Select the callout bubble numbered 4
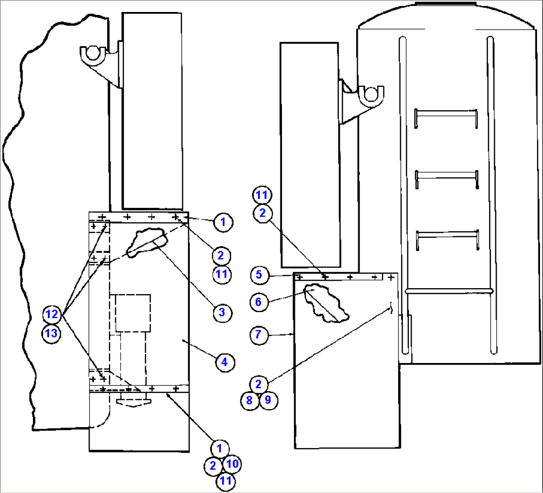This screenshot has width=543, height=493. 224,362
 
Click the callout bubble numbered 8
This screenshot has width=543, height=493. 250,400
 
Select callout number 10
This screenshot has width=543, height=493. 232,464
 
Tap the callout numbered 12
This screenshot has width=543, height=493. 52,314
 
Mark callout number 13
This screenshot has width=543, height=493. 52,332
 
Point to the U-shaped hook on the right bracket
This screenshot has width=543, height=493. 371,93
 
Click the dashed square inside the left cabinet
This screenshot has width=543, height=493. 133,313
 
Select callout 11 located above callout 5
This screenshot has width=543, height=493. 262,195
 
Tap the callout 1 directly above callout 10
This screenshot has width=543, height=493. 220,448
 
